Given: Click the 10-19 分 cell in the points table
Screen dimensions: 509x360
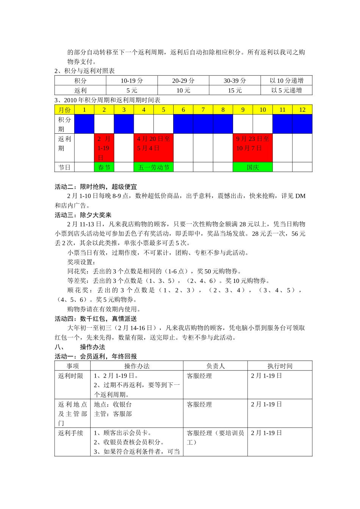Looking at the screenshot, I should [132, 80].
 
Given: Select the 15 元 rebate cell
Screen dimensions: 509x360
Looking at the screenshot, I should [235, 90].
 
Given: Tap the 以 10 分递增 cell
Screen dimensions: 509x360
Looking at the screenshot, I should [286, 80].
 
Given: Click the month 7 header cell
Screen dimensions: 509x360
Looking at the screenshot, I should [203, 109].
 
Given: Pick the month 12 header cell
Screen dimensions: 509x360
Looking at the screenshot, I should [302, 109].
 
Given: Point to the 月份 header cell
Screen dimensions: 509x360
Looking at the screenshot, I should [64, 109].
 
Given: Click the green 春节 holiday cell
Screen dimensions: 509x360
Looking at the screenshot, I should [104, 167].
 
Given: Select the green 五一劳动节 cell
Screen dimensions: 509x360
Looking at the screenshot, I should [153, 167].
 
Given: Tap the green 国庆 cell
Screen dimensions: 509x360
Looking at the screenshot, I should [253, 167].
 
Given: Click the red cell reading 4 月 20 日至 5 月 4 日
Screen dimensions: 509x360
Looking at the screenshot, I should [153, 148].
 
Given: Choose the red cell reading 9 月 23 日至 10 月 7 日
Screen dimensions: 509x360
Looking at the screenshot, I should [253, 148].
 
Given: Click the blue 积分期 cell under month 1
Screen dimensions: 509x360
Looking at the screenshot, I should [84, 124].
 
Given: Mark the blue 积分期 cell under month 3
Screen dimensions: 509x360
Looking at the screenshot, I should [124, 124].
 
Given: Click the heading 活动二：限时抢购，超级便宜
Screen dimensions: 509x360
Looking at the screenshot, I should [96, 186].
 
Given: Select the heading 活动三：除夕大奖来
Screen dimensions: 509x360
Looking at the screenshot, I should [83, 215].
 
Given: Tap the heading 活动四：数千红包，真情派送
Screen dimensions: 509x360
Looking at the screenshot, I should [96, 319].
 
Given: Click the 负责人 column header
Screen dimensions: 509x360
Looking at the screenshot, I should [215, 366].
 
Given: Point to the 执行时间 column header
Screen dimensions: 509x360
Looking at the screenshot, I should [280, 366].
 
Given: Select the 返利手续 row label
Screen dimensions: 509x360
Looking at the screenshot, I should [70, 433].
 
